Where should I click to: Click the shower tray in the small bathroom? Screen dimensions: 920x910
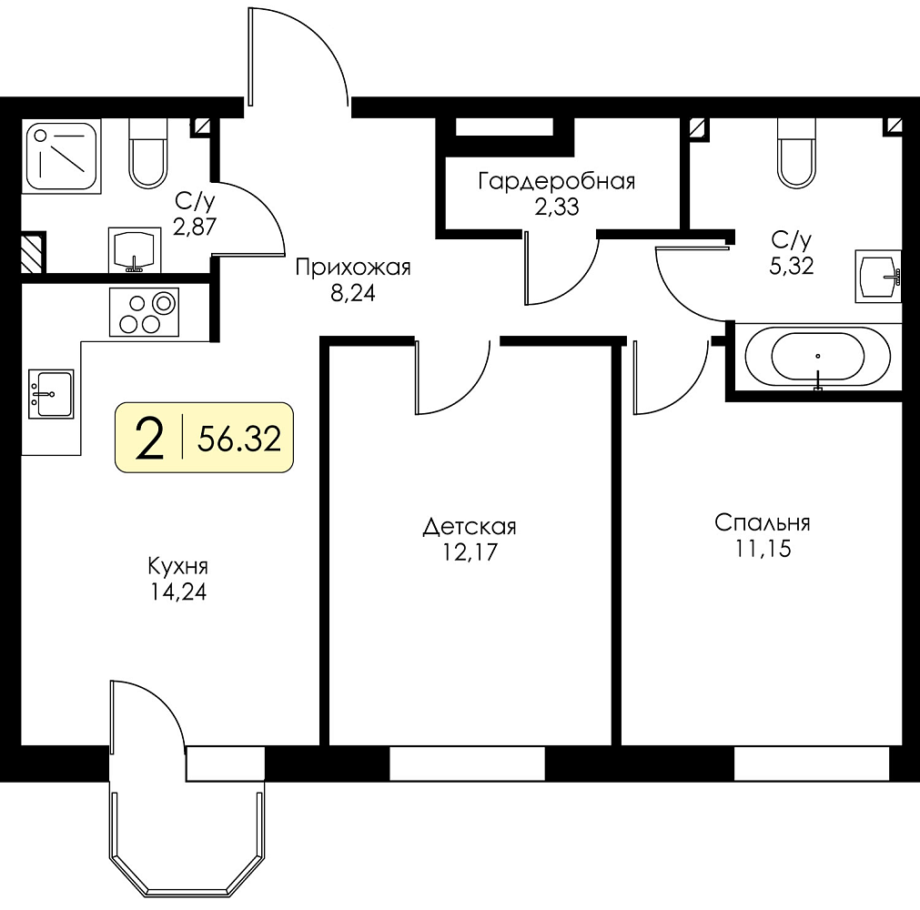(61, 157)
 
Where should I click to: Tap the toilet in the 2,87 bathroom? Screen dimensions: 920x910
(147, 153)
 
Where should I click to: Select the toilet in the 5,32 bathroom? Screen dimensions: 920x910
(796, 153)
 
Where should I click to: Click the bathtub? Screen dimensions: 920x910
(817, 357)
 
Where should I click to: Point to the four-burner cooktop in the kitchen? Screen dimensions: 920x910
(144, 312)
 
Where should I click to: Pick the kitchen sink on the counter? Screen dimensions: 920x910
(52, 394)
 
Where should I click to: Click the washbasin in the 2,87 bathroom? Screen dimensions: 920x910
(135, 250)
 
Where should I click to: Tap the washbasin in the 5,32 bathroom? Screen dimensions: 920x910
(878, 276)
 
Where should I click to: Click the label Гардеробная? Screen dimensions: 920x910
(557, 181)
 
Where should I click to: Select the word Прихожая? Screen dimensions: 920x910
(353, 268)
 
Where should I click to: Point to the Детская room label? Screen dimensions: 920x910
(470, 527)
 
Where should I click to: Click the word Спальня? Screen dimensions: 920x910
(763, 522)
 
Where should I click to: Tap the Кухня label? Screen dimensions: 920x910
(177, 567)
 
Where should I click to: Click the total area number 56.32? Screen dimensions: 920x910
(239, 439)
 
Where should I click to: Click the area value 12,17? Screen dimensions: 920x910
(470, 552)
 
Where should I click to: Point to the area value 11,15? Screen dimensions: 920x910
(763, 549)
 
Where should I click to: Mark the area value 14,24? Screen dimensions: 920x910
(177, 592)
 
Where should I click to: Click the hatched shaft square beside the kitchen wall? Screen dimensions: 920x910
(34, 253)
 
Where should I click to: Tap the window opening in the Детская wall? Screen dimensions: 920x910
(468, 763)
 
